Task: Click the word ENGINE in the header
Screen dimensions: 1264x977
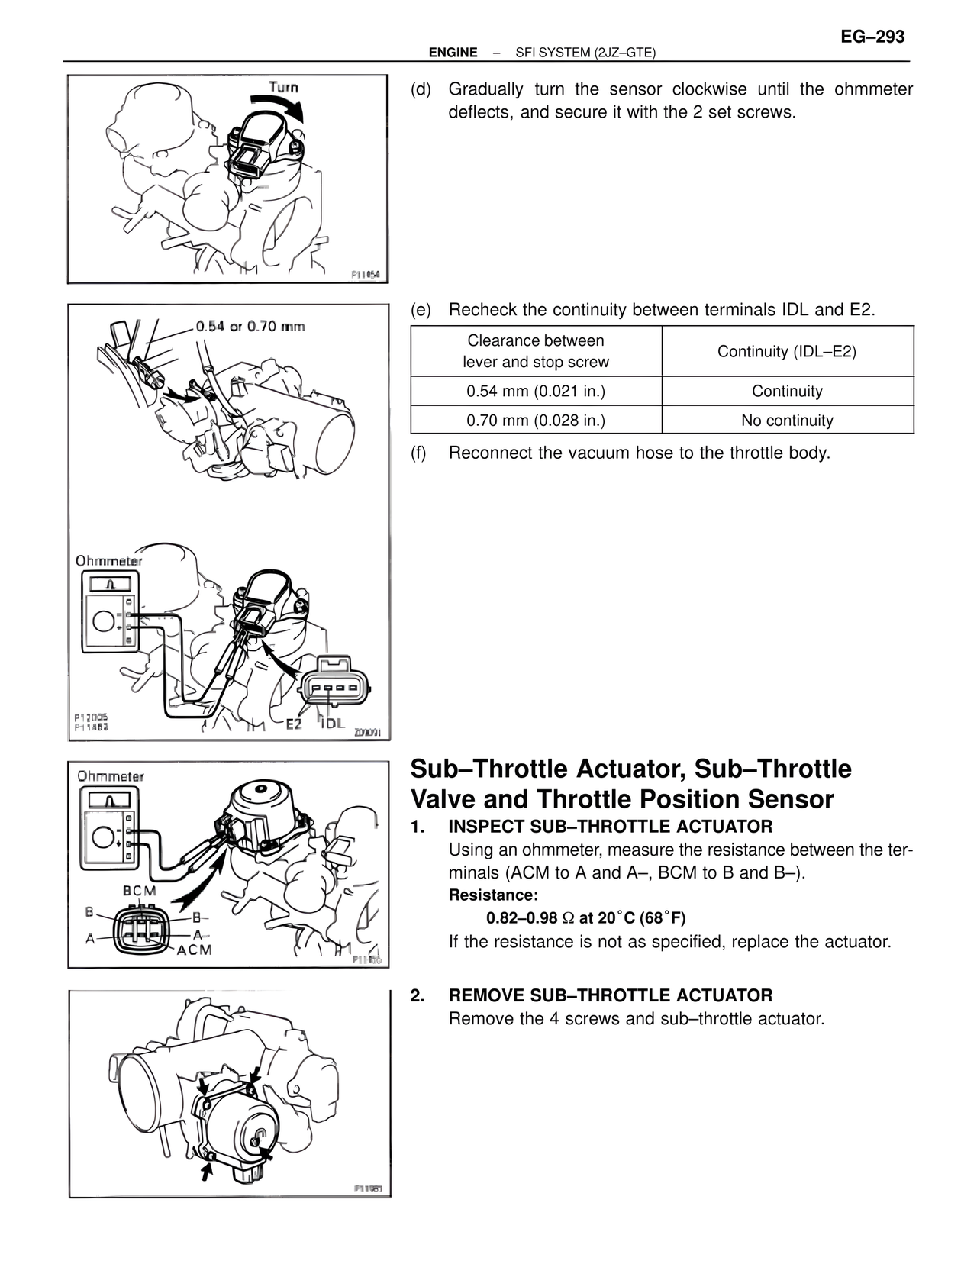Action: [453, 53]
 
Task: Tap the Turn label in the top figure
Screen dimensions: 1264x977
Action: [283, 87]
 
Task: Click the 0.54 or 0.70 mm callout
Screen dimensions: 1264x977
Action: [250, 327]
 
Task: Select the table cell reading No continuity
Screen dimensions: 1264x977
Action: [787, 420]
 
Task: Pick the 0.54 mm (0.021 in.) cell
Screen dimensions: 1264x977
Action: [536, 392]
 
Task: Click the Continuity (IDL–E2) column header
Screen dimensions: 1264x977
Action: [787, 351]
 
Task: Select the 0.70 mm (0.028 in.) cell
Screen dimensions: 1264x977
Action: [536, 420]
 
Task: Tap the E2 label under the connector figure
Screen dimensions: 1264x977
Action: [294, 724]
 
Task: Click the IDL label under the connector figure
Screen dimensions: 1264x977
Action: [333, 723]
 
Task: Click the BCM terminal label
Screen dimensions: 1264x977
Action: [139, 891]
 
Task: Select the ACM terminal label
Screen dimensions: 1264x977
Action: [194, 950]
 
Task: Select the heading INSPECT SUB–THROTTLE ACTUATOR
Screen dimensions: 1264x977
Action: [610, 826]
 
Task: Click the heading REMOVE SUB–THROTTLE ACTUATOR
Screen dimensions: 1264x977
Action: [610, 995]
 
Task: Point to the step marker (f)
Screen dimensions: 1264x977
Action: [418, 453]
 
